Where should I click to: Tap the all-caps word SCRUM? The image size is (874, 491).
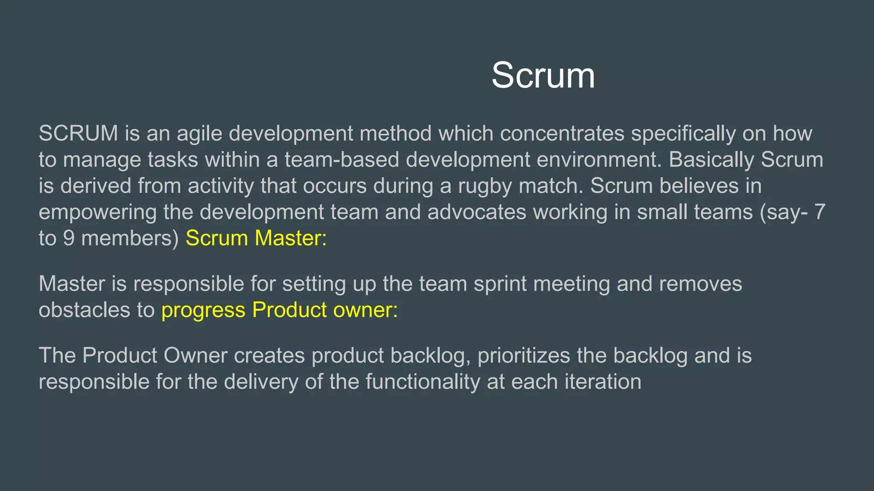point(78,133)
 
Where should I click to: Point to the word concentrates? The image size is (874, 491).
point(562,133)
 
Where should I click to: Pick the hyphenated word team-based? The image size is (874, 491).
point(341,160)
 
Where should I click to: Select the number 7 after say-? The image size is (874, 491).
point(819,212)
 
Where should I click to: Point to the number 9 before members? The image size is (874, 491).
point(69,238)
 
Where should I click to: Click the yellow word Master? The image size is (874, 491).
point(291,238)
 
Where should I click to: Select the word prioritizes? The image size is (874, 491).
point(524,356)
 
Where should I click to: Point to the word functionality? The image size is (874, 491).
point(422,382)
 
